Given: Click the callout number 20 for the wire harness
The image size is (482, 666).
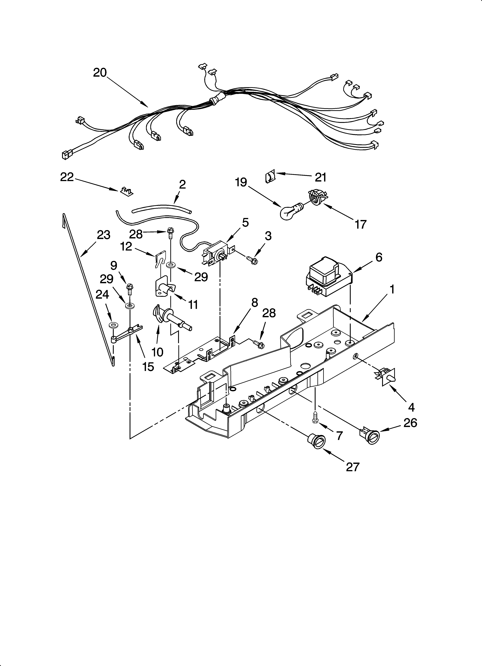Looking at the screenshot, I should tap(100, 72).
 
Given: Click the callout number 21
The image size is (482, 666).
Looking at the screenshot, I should tap(321, 177).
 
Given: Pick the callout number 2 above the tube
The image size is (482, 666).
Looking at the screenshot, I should tap(182, 184).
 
